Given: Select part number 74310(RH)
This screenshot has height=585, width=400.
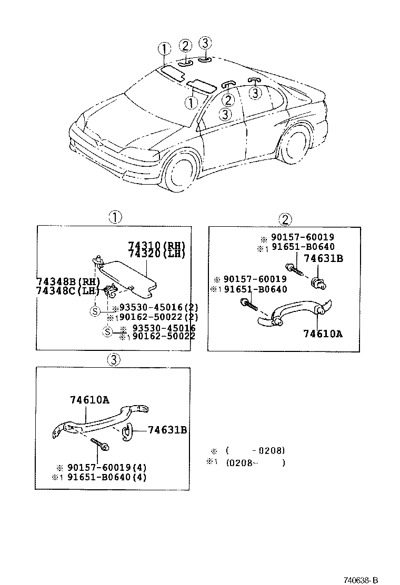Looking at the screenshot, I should pos(156,246).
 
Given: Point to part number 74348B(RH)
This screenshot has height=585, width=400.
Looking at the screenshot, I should pos(67,283).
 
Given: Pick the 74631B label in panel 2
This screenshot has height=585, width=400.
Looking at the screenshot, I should pos(323,258).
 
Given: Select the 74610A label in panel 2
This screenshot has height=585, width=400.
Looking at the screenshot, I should pos(323,333).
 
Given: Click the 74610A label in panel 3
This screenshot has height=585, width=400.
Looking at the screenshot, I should pos(89,400).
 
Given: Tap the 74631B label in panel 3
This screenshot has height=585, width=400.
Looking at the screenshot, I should pos(167,430).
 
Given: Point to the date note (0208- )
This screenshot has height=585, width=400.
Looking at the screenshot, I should pos(255,463).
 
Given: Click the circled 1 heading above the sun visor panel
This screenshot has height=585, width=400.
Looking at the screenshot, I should pos(115,216).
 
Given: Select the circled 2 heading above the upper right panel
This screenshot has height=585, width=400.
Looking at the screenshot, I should pos(285,219).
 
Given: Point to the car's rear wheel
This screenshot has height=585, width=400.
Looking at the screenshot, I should pos(293,144).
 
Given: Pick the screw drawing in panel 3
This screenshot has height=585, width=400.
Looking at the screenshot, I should pos(100,443).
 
